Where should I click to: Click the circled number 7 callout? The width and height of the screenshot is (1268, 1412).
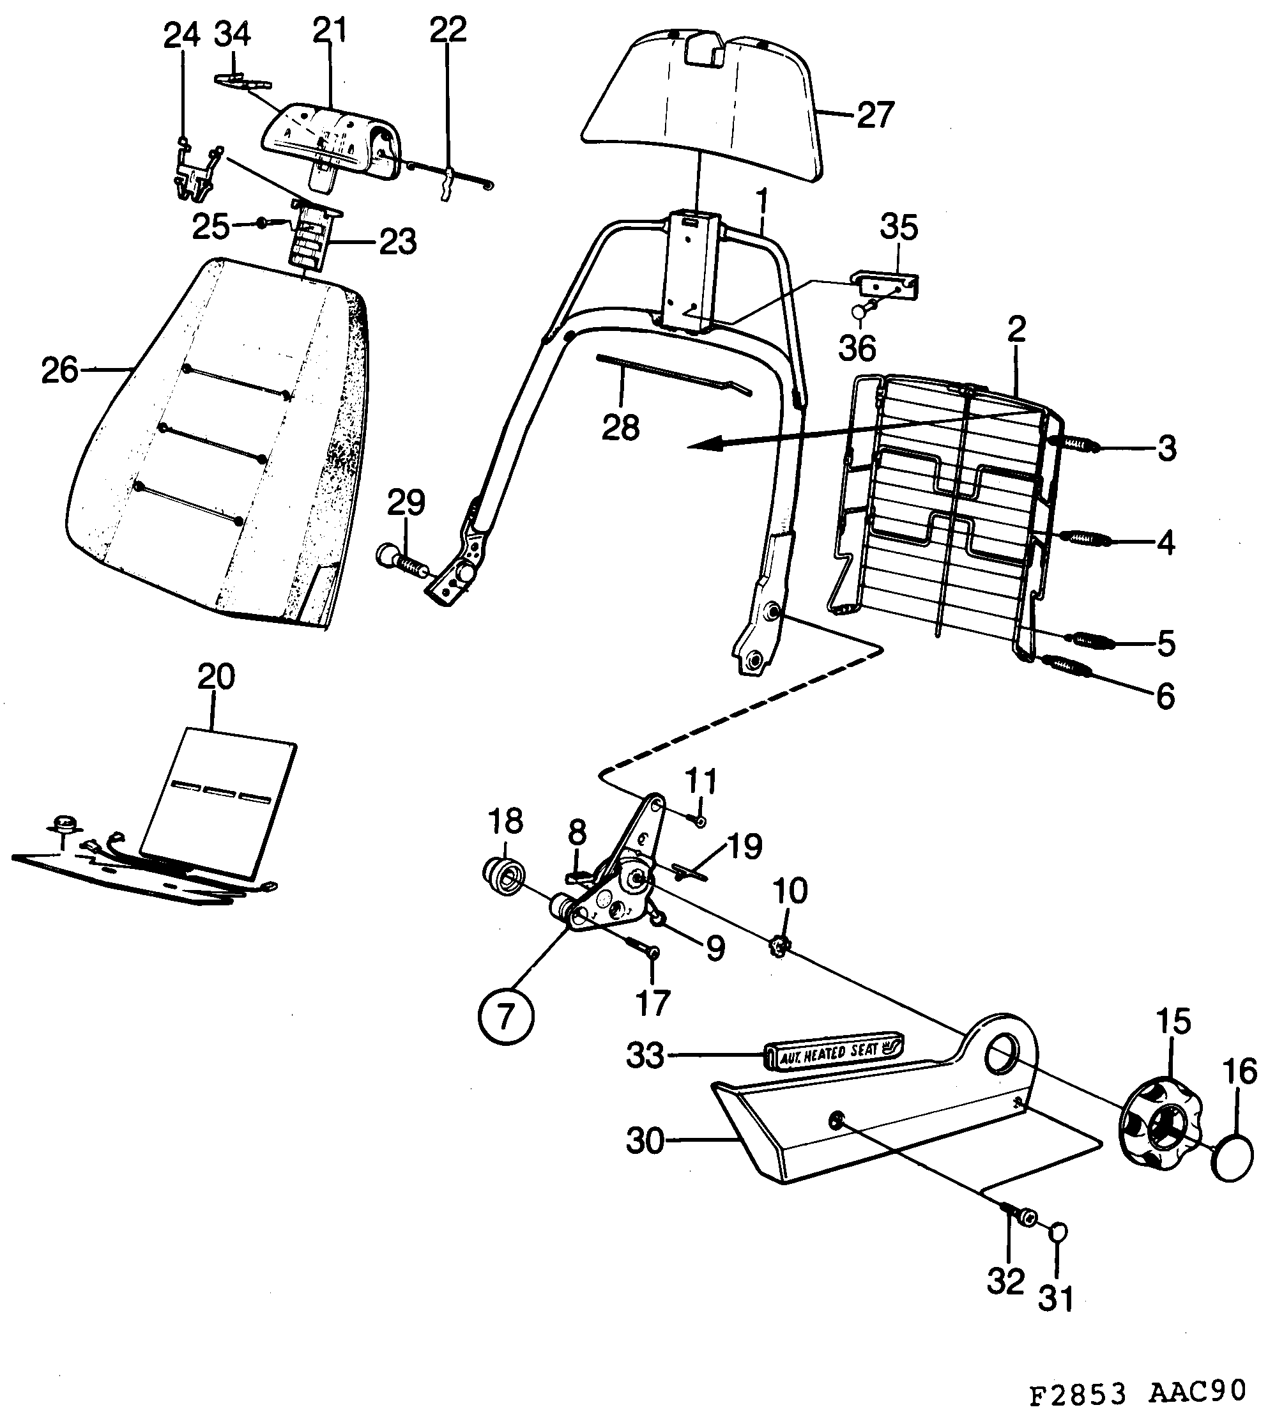(506, 1015)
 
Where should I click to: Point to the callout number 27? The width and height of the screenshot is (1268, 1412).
(875, 115)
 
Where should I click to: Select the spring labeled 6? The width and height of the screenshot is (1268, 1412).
(1066, 664)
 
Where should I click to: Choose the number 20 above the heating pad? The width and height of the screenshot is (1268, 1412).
(216, 677)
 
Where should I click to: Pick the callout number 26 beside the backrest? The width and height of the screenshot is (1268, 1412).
(60, 370)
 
